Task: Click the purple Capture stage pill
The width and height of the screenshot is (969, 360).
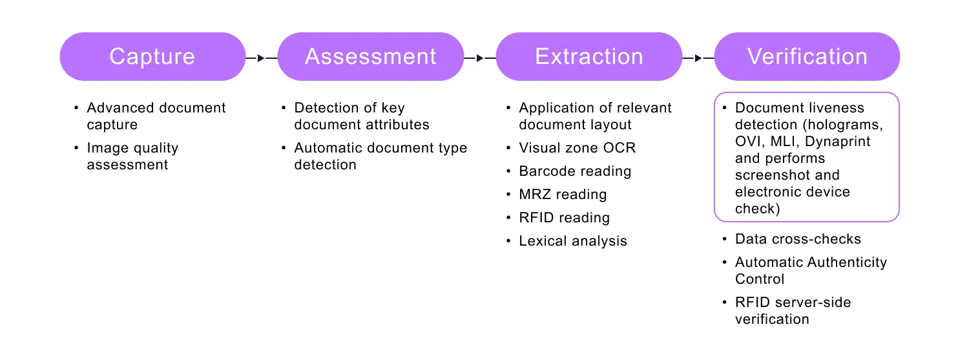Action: (152, 57)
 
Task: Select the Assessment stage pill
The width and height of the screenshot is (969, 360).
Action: (371, 57)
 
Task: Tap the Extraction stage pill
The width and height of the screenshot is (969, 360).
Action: (589, 57)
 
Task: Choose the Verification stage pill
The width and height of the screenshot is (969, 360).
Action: (807, 57)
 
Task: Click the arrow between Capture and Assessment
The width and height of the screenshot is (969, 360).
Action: (261, 58)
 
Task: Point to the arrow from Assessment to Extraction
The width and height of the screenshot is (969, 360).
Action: (479, 58)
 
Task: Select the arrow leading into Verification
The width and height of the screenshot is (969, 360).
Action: (698, 58)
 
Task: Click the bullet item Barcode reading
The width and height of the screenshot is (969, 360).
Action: (575, 171)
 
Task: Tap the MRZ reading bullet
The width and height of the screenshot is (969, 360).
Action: (563, 195)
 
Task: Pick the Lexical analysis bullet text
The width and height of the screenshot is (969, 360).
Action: (573, 241)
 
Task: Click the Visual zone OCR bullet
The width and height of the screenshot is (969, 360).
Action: (577, 148)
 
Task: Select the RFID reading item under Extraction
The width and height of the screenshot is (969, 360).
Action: (564, 218)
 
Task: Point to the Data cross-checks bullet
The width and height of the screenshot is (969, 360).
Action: (798, 239)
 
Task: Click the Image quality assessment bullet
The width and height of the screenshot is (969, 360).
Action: (132, 156)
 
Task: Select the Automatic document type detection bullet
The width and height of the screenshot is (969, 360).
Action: (380, 156)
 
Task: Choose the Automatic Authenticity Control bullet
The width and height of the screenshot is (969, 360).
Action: (811, 270)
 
